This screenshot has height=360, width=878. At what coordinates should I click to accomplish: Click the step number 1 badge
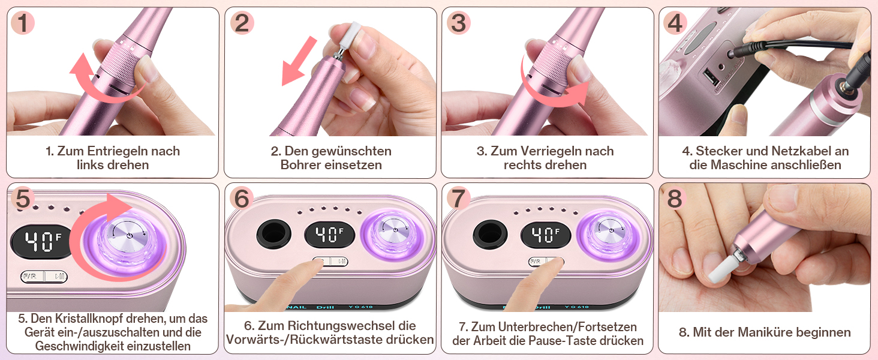tap(23, 22)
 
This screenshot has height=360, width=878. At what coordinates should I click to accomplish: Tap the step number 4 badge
tap(675, 22)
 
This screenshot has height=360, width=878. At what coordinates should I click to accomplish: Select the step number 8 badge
tap(675, 199)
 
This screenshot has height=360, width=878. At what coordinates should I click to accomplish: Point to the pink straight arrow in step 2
tap(299, 61)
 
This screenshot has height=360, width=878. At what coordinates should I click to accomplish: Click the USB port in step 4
tap(711, 77)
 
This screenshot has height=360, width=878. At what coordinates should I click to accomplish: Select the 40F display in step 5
tap(43, 242)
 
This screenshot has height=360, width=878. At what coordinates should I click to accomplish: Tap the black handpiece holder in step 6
tap(273, 234)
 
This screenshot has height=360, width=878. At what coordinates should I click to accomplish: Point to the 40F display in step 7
tap(546, 235)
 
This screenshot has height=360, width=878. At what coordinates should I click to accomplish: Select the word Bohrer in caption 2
tap(300, 165)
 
